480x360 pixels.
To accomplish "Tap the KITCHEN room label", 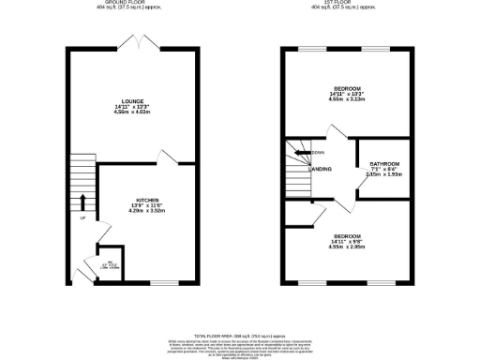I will [x=146, y=200].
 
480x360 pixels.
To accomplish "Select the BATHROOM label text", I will [x=384, y=164].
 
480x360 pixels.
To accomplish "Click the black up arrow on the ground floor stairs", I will [x=82, y=201].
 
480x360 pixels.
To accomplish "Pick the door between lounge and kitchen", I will [x=166, y=156].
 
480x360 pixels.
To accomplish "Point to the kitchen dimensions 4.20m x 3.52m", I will [x=146, y=212].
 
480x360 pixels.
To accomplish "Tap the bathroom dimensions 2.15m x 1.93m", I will [x=384, y=175].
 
